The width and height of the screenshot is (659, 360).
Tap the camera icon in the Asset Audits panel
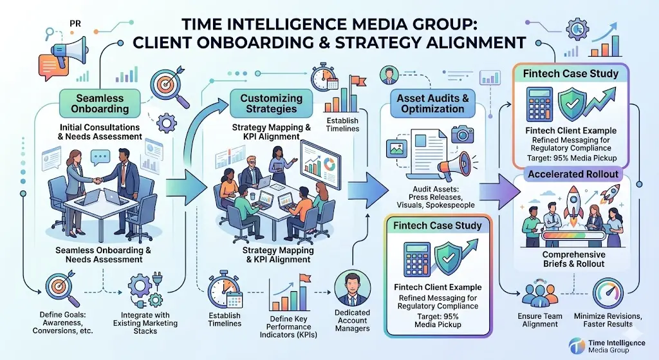[x=459, y=133]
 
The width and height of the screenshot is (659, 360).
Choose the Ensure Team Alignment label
[x=541, y=320]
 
